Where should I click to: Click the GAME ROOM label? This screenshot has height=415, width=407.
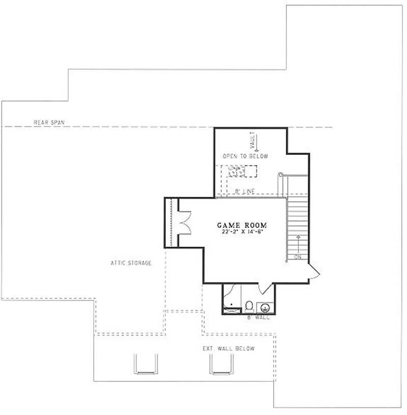(242, 225)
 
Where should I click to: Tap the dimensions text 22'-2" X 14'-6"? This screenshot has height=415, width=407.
(242, 231)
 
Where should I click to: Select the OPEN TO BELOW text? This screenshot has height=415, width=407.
(245, 156)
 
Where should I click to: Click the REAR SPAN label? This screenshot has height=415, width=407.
(45, 122)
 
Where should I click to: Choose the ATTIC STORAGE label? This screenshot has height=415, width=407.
(131, 263)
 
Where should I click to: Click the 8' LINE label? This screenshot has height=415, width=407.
(245, 191)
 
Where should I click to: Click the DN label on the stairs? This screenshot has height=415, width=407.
(298, 257)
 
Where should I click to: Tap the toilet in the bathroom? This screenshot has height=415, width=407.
(249, 306)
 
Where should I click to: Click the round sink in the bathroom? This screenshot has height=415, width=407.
(265, 307)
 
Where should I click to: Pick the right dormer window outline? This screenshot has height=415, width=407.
(222, 364)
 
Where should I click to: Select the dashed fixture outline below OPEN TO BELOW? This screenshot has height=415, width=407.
(237, 172)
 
